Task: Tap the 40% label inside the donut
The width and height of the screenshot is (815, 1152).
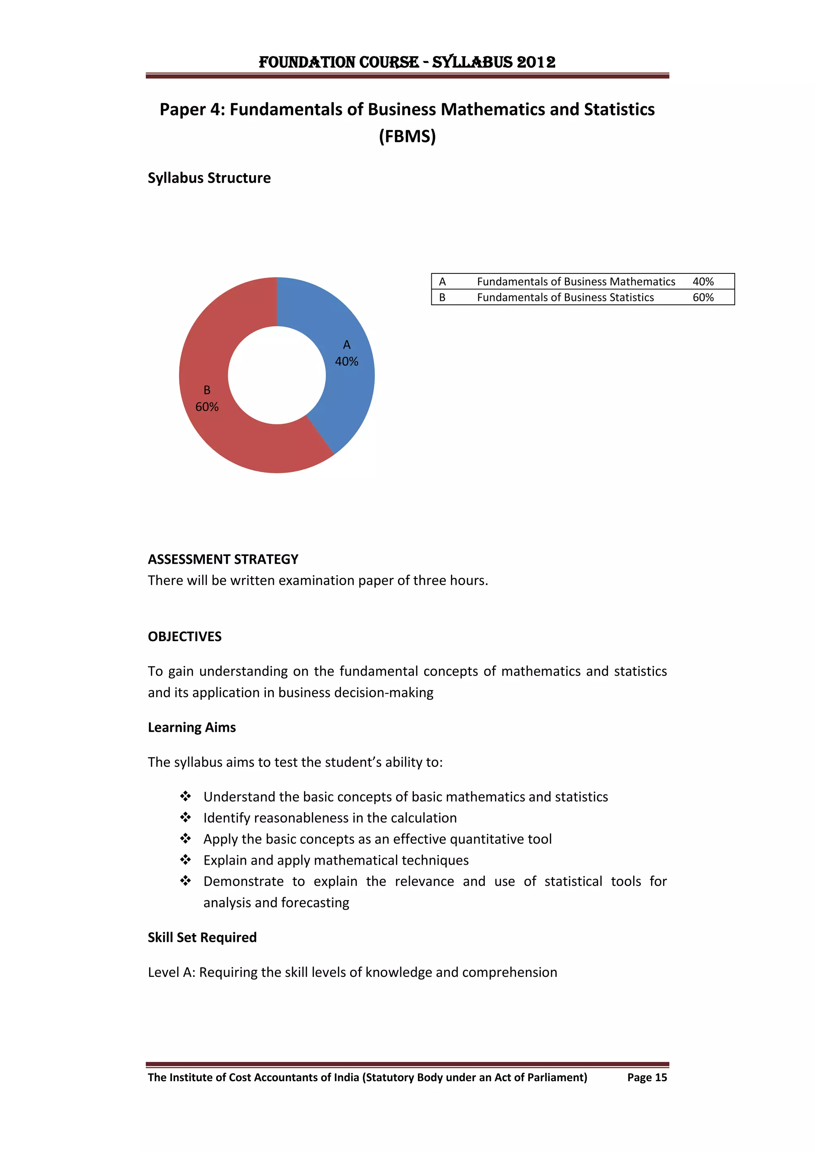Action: click(346, 361)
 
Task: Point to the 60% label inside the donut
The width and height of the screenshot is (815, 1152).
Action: click(207, 407)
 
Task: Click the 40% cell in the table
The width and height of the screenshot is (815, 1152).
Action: click(703, 281)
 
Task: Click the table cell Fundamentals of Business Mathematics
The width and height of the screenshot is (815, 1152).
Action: click(575, 281)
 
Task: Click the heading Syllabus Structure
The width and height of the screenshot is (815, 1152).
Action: click(209, 178)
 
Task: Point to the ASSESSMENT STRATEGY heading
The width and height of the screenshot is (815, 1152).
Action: click(223, 559)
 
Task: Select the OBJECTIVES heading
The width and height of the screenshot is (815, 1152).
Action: click(185, 636)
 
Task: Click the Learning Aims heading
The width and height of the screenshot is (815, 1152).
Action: click(192, 727)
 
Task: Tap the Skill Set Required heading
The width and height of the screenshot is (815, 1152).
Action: click(202, 937)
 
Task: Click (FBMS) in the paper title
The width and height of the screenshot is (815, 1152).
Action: click(407, 136)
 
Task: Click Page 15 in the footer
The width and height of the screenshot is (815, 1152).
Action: click(647, 1077)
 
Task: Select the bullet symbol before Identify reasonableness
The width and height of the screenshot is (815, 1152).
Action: click(186, 818)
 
